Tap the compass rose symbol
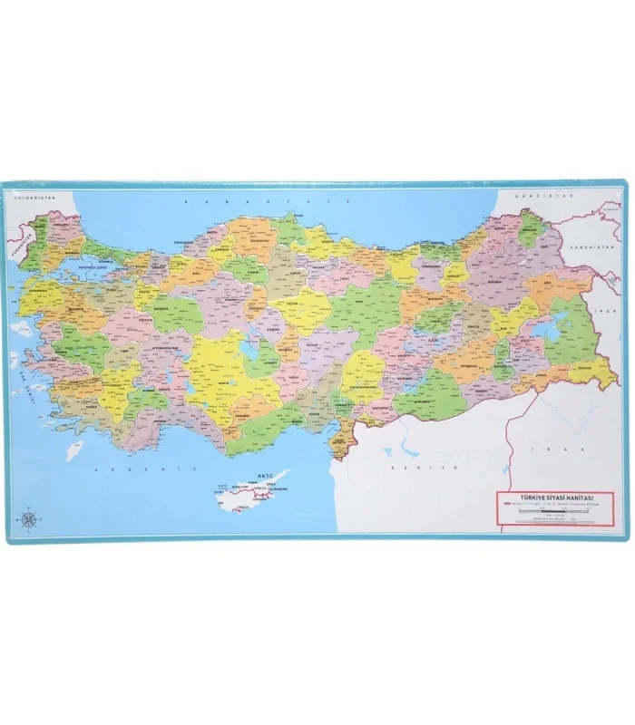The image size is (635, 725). (x=27, y=519)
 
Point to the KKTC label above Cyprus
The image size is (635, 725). (x=266, y=475)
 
